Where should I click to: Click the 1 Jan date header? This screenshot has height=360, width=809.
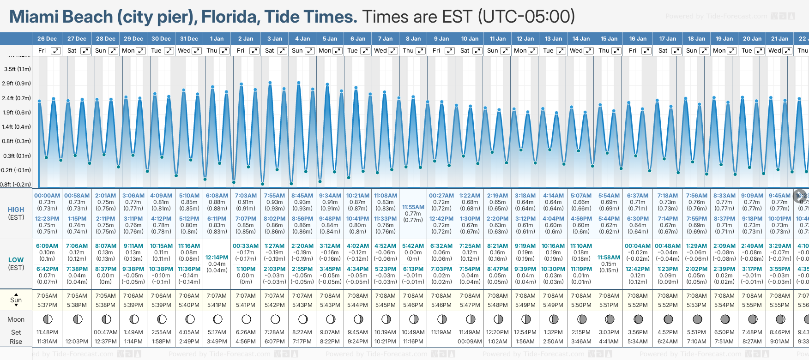tap(217, 39)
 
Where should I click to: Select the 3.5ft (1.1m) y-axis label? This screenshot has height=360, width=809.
tap(18, 69)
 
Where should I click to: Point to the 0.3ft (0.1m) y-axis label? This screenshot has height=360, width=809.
tap(17, 156)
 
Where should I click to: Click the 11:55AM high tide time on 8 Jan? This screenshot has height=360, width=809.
tap(413, 207)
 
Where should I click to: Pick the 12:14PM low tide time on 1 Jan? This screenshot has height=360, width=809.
tap(217, 258)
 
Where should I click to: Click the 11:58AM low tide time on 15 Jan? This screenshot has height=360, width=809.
tap(609, 258)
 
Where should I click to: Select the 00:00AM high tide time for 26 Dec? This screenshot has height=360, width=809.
tap(47, 196)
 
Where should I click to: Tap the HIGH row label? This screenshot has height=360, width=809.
tap(16, 210)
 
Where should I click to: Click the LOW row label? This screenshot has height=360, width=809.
tap(16, 260)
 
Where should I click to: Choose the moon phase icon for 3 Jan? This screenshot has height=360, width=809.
tap(275, 319)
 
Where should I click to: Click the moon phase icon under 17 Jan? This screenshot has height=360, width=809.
tap(668, 319)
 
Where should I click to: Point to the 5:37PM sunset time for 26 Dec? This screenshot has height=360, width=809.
tap(47, 305)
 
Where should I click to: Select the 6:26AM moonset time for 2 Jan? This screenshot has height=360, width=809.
tap(246, 332)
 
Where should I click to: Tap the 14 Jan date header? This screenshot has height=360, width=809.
tap(581, 39)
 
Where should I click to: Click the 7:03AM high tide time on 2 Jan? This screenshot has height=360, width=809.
tap(246, 196)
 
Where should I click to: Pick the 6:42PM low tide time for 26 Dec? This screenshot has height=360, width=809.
tap(47, 269)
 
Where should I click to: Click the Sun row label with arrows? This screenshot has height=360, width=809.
tap(16, 300)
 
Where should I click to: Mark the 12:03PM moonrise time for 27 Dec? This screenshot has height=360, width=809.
tap(77, 342)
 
